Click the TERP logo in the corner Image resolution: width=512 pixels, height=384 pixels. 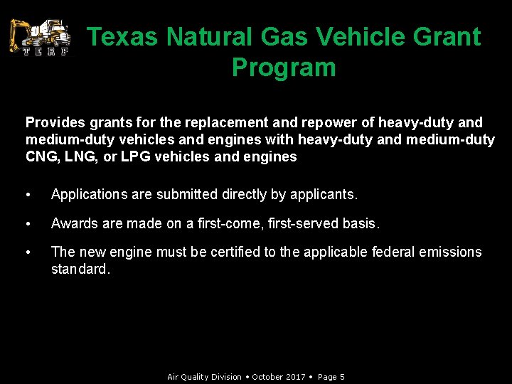click(40, 37)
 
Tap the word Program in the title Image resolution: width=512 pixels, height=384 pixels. click(284, 68)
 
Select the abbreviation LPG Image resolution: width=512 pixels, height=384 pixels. click(136, 156)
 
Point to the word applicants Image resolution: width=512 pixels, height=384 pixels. click(324, 194)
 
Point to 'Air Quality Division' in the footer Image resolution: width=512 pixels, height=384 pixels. click(204, 377)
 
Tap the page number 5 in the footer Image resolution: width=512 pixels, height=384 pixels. click(342, 377)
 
